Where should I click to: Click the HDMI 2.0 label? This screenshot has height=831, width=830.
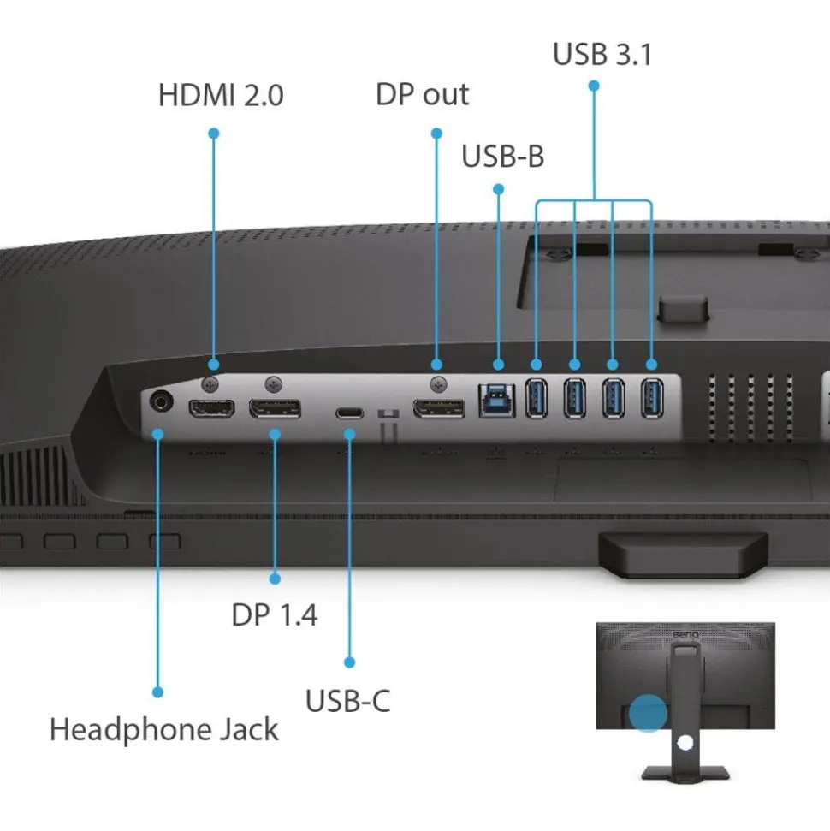[x=220, y=95]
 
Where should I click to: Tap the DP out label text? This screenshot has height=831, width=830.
[x=422, y=94]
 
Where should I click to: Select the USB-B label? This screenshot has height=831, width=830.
[x=502, y=157]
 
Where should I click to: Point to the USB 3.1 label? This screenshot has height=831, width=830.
[x=602, y=54]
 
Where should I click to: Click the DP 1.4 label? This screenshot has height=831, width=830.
[x=274, y=614]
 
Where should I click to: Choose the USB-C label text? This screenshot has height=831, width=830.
[x=347, y=701]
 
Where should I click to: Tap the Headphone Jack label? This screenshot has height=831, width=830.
[x=163, y=730]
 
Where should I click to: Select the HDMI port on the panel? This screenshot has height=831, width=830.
[x=211, y=409]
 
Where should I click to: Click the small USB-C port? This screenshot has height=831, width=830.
[x=349, y=413]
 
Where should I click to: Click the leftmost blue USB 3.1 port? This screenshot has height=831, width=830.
[x=536, y=398]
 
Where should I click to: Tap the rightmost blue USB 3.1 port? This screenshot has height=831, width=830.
[x=651, y=398]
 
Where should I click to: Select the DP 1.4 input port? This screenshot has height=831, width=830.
[x=275, y=409]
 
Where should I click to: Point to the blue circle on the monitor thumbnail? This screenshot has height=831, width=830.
[x=648, y=713]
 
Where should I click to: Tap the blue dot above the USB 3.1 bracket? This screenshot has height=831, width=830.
[x=593, y=86]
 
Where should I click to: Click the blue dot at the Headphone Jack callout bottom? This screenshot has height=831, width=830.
[x=157, y=692]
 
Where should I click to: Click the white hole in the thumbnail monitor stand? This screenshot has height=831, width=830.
[x=684, y=743]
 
